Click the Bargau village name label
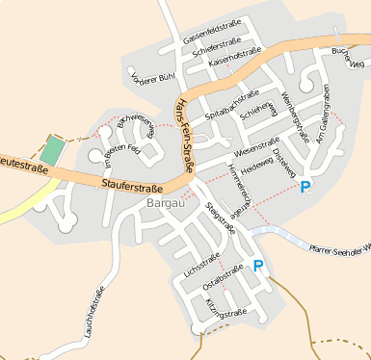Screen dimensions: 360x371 [165, 204]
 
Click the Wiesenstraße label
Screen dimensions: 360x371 [254, 149]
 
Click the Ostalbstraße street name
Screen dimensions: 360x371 [222, 278]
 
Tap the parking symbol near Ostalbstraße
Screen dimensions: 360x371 [257, 265]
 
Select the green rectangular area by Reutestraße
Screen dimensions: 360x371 [53, 151]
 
